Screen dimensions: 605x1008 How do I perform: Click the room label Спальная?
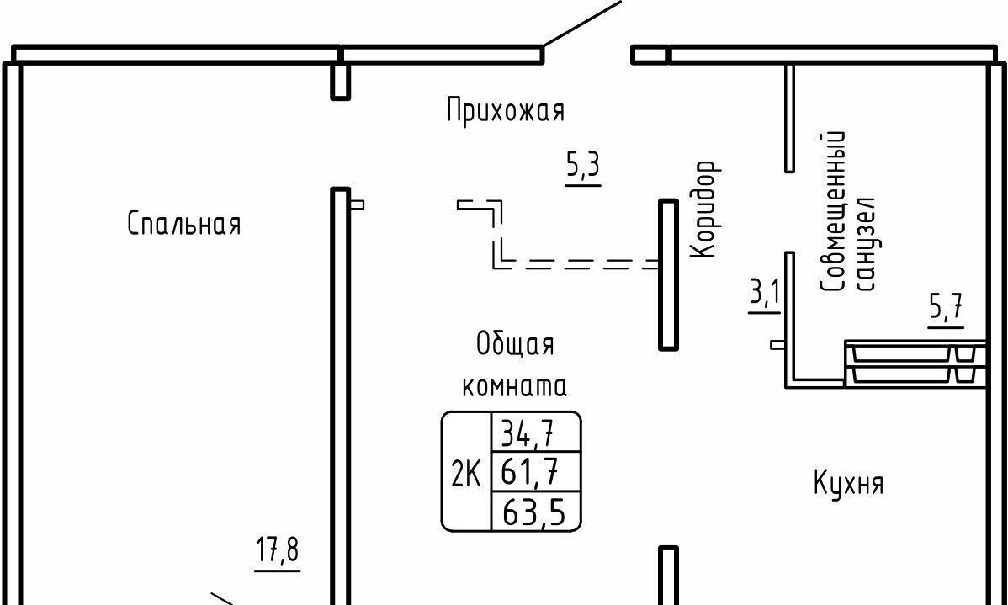pyautogui.click(x=184, y=225)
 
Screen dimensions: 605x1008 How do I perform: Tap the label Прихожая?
pyautogui.click(x=505, y=110)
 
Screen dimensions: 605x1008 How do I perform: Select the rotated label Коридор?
pyautogui.click(x=704, y=210)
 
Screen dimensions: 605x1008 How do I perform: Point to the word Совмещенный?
pyautogui.click(x=831, y=211)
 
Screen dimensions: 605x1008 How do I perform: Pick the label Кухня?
pyautogui.click(x=848, y=484)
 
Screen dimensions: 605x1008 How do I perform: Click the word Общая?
pyautogui.click(x=515, y=344)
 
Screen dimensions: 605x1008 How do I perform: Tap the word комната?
pyautogui.click(x=515, y=386)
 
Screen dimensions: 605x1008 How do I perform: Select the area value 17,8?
pyautogui.click(x=278, y=552)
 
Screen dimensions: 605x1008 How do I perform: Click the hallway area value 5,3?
pyautogui.click(x=582, y=167)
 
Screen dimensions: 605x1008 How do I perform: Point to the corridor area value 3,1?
pyautogui.click(x=764, y=295)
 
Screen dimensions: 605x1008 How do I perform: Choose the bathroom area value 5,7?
pyautogui.click(x=947, y=309)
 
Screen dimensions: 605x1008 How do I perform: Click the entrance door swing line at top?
pyautogui.click(x=582, y=23)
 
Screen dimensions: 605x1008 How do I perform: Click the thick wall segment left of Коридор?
pyautogui.click(x=668, y=274)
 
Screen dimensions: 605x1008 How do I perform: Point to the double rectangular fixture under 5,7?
pyautogui.click(x=913, y=364)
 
